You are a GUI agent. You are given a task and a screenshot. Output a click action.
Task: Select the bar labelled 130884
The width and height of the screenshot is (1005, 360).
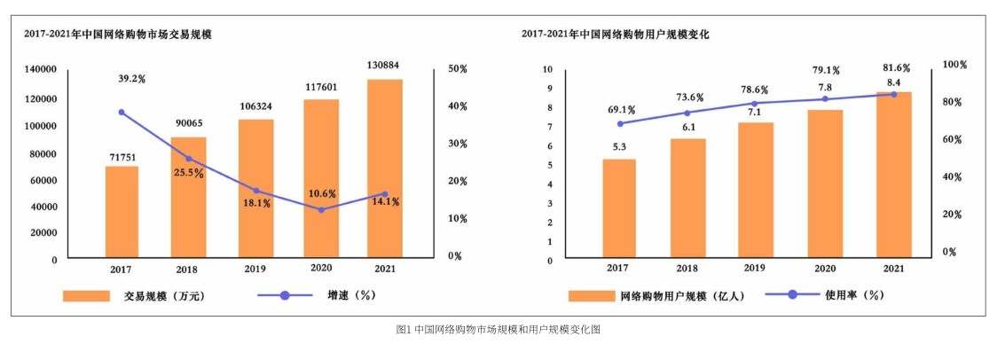click(x=384, y=168)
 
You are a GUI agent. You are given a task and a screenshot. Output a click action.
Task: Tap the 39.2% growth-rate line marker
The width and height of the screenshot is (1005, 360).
click(x=122, y=113)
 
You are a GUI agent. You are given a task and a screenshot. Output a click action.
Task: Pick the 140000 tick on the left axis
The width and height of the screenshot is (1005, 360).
click(x=41, y=69)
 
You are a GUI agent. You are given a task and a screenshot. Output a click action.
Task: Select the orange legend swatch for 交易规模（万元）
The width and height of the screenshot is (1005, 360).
click(x=86, y=296)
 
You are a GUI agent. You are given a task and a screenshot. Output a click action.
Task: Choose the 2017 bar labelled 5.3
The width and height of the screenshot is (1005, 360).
click(x=619, y=208)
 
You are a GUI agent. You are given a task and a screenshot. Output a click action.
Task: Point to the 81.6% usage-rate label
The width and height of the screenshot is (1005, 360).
click(x=893, y=68)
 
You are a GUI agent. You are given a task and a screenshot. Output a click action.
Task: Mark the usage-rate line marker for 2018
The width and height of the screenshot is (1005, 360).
click(x=686, y=113)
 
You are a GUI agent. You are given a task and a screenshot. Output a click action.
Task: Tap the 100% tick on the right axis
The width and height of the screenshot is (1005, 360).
click(x=954, y=65)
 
